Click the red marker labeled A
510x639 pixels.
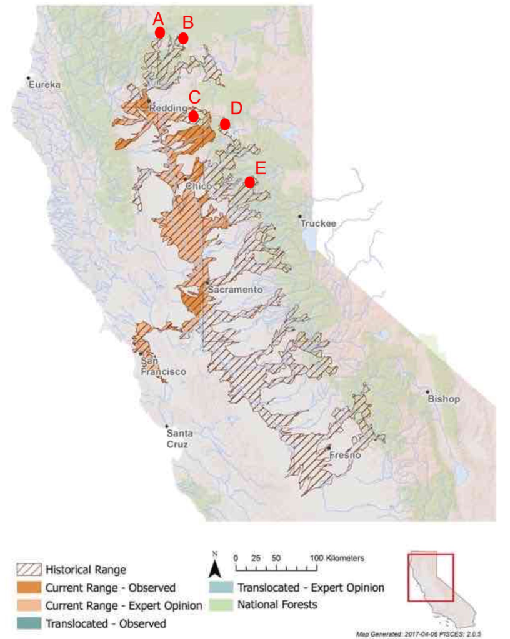[x=160, y=32]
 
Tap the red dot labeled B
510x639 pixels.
[x=183, y=38]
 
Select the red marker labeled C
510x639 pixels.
[x=194, y=116]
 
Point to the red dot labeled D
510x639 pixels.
[x=225, y=124]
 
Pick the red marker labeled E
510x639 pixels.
[x=249, y=182]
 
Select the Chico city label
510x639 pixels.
[x=198, y=187]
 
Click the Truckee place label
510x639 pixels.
[x=318, y=223]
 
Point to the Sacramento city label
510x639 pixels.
[x=236, y=290]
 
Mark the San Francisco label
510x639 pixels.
[x=162, y=366]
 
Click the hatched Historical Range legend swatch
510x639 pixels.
[x=29, y=569]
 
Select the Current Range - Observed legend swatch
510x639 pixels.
[x=29, y=587]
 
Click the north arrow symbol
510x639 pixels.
[x=213, y=567]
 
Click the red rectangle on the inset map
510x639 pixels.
[x=431, y=577]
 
